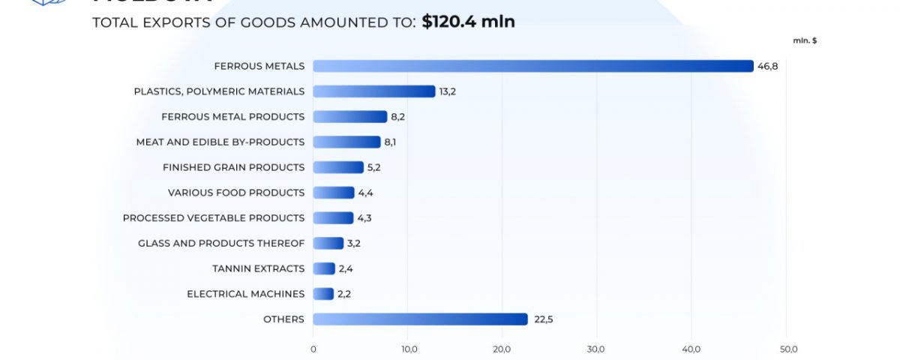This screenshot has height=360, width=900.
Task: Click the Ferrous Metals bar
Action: (x=532, y=66)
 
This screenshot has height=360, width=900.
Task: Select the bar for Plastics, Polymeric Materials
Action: (x=373, y=91)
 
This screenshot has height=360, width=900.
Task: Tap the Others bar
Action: (x=420, y=319)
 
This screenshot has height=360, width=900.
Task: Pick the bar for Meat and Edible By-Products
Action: (x=346, y=142)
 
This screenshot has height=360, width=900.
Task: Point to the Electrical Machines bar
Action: (x=323, y=294)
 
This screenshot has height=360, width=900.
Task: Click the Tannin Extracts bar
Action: (x=324, y=268)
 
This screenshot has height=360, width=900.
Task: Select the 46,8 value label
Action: (x=767, y=66)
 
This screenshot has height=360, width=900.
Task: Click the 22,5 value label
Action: (x=543, y=319)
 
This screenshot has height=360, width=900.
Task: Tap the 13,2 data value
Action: (x=448, y=91)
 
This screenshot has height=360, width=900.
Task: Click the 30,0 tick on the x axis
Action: (x=596, y=349)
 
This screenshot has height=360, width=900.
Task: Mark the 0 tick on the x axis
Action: (x=313, y=349)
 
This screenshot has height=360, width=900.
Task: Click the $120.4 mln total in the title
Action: (x=468, y=22)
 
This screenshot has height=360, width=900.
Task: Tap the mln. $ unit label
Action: (x=805, y=40)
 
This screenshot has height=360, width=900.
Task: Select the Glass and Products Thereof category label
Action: (x=221, y=243)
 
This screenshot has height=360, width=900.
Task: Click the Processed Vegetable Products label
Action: (x=214, y=217)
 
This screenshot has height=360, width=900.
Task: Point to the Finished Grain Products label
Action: (x=233, y=167)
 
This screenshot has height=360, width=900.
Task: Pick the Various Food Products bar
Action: (x=333, y=193)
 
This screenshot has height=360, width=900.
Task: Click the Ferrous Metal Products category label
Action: (x=232, y=116)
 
